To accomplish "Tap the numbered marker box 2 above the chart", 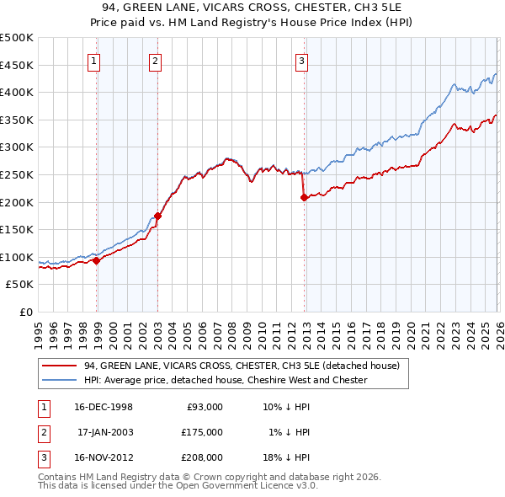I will pyautogui.click(x=156, y=60).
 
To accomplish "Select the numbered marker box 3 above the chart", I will pyautogui.click(x=301, y=60).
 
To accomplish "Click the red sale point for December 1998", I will pyautogui.click(x=97, y=260).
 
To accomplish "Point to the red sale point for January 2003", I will pyautogui.click(x=157, y=216).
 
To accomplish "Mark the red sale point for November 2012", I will pyautogui.click(x=304, y=198).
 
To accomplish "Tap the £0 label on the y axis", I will pyautogui.click(x=25, y=312).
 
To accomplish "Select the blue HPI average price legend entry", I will pyautogui.click(x=226, y=380).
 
